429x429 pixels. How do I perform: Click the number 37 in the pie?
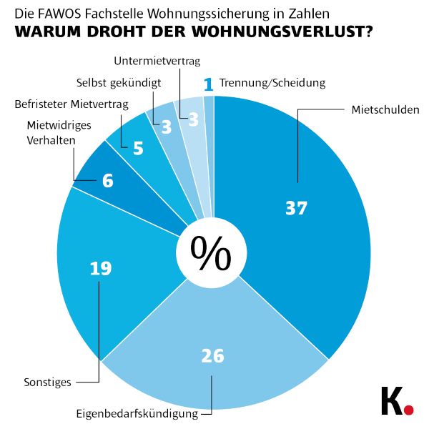tap(295, 208)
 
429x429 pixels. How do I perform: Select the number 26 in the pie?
tap(212, 355)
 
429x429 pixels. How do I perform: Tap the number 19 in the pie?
tap(100, 269)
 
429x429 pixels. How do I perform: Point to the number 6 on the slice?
tap(107, 181)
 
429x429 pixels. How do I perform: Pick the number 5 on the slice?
tap(138, 149)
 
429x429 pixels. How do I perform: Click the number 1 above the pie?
tap(208, 84)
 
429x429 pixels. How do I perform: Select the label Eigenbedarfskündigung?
tap(137, 413)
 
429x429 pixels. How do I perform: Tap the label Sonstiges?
tap(47, 382)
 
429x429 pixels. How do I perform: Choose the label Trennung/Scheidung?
tap(272, 83)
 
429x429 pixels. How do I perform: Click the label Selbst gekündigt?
tap(119, 82)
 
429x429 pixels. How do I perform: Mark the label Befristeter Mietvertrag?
tap(71, 104)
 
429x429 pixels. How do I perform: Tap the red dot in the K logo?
tap(408, 410)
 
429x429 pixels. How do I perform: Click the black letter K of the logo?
tap(390, 402)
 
